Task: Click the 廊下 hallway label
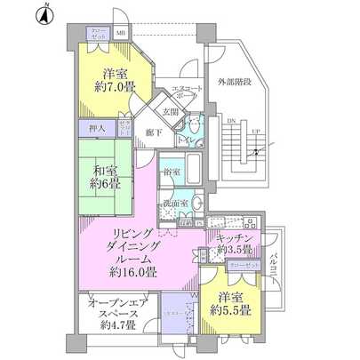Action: (153, 132)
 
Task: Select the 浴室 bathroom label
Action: (170, 171)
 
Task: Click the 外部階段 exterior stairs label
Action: (235, 82)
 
